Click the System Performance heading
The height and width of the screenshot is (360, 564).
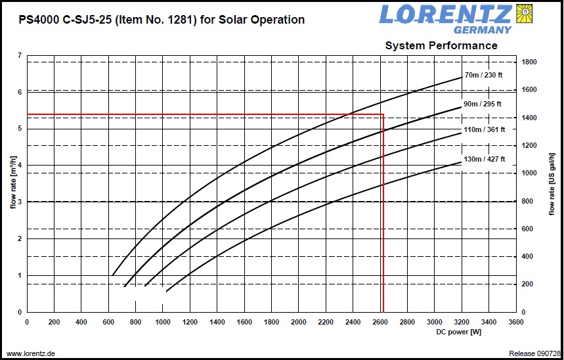pyautogui.click(x=441, y=45)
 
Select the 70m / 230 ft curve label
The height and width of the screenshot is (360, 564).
pyautogui.click(x=483, y=75)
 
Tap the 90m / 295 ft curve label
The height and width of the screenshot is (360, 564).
pyautogui.click(x=483, y=104)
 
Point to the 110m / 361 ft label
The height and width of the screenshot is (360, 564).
pyautogui.click(x=485, y=130)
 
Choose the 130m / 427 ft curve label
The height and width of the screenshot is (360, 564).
pyautogui.click(x=485, y=159)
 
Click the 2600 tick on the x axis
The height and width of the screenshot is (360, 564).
pyautogui.click(x=380, y=322)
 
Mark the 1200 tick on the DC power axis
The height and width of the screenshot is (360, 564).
pyautogui.click(x=190, y=322)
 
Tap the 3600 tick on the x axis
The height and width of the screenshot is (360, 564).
pyautogui.click(x=516, y=322)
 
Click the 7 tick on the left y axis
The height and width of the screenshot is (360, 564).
pyautogui.click(x=20, y=56)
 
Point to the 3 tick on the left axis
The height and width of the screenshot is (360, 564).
pyautogui.click(x=20, y=202)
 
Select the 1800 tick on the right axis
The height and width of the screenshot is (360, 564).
pyautogui.click(x=530, y=62)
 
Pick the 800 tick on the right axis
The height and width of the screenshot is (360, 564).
pyautogui.click(x=529, y=202)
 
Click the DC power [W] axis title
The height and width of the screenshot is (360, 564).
pyautogui.click(x=458, y=332)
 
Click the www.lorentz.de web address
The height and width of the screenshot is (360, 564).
pyautogui.click(x=31, y=353)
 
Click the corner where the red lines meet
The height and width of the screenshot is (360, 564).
pyautogui.click(x=383, y=115)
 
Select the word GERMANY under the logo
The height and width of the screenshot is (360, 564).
pyautogui.click(x=482, y=30)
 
